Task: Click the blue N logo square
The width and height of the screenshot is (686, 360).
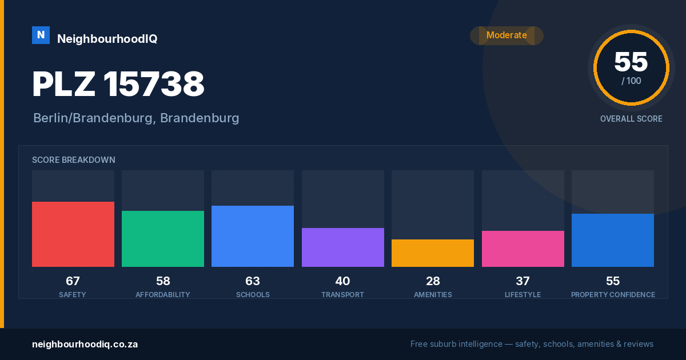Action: coord(41,35)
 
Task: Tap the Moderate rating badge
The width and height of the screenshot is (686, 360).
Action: coord(506,35)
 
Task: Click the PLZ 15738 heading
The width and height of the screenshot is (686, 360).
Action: coord(118,84)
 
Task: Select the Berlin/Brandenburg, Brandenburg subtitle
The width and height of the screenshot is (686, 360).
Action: coord(136,118)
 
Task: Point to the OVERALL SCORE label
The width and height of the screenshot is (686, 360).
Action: coord(631,119)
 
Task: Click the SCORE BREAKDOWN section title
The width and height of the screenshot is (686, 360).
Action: coord(74,160)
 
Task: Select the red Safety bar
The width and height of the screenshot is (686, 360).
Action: coord(73,234)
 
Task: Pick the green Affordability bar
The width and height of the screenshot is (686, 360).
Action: coord(163,239)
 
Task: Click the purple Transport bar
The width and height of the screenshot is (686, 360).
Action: coord(342,247)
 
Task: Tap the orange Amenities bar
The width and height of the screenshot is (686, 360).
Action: coord(433,253)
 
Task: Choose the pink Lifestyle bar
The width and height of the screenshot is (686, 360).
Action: coord(523,249)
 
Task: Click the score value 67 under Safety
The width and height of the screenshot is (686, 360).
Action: coord(73,281)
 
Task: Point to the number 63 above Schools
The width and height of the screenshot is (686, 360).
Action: coord(253,281)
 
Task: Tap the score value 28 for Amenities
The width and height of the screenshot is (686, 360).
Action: coord(433,281)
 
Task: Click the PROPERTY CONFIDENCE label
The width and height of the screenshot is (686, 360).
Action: coord(613,294)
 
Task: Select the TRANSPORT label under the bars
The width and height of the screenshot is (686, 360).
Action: coord(342,294)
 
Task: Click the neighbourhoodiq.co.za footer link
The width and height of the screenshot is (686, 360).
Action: coord(85,345)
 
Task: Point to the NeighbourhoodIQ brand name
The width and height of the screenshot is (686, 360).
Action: coord(107,39)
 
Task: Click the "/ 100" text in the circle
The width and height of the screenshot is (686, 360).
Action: coord(631,81)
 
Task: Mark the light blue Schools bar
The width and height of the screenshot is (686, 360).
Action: coord(253,237)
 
